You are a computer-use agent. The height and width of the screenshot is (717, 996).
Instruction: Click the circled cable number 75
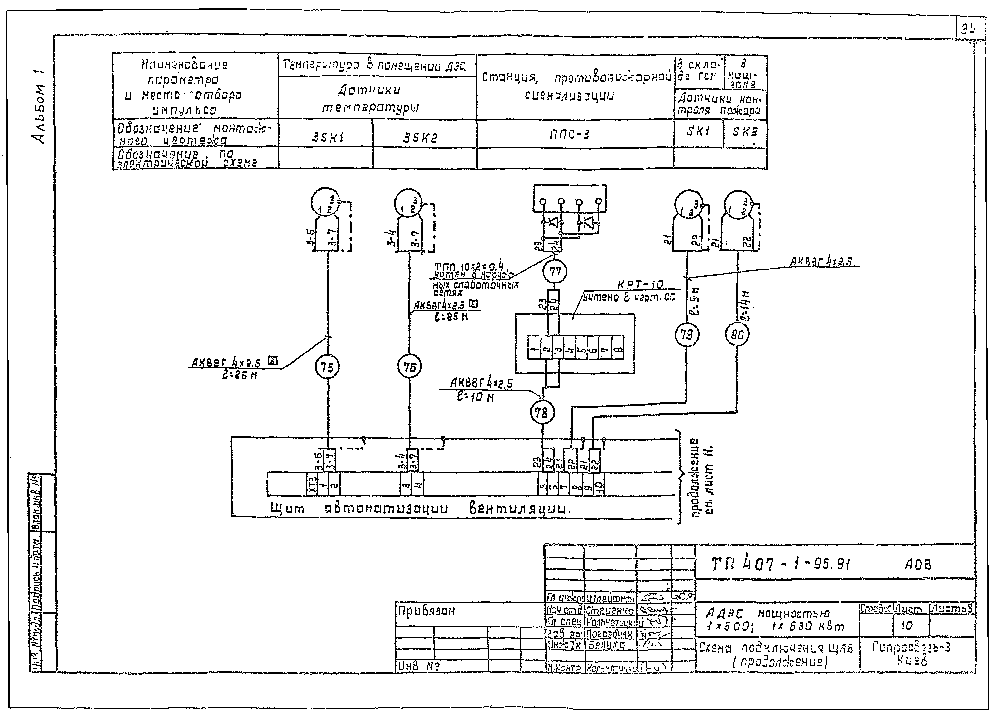[327, 367]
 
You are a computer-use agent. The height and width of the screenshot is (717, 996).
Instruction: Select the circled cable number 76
[409, 367]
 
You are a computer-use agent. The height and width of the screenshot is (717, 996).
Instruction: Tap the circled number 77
[555, 272]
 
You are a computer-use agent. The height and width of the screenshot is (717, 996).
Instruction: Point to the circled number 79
[686, 335]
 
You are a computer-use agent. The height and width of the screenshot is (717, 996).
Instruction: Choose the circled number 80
[737, 335]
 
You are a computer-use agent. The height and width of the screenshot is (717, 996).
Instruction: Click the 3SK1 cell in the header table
[328, 138]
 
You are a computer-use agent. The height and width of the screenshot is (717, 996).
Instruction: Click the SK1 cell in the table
[698, 131]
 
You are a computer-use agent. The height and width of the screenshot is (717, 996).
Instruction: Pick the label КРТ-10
[640, 285]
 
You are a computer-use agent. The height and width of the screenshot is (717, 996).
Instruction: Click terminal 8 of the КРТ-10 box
[617, 347]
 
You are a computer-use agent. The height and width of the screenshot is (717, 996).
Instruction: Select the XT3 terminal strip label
[312, 484]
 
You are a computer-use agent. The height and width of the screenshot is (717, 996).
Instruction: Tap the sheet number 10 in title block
[906, 625]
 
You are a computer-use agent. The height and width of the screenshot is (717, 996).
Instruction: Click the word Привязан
[426, 611]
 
